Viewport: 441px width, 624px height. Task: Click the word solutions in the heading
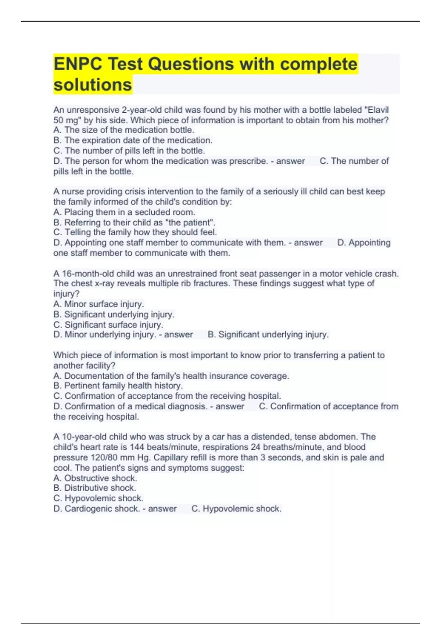(x=93, y=85)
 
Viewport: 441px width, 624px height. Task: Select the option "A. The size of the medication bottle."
(x=124, y=130)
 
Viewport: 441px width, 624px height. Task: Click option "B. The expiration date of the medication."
(x=133, y=140)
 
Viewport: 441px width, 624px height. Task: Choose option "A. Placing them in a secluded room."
(x=124, y=212)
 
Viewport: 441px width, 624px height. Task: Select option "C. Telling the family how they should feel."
(x=135, y=232)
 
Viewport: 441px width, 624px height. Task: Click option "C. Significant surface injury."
(x=108, y=325)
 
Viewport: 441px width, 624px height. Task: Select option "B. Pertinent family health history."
(x=118, y=386)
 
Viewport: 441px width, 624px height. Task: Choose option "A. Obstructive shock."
(x=95, y=478)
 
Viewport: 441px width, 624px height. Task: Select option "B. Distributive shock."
(x=95, y=488)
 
